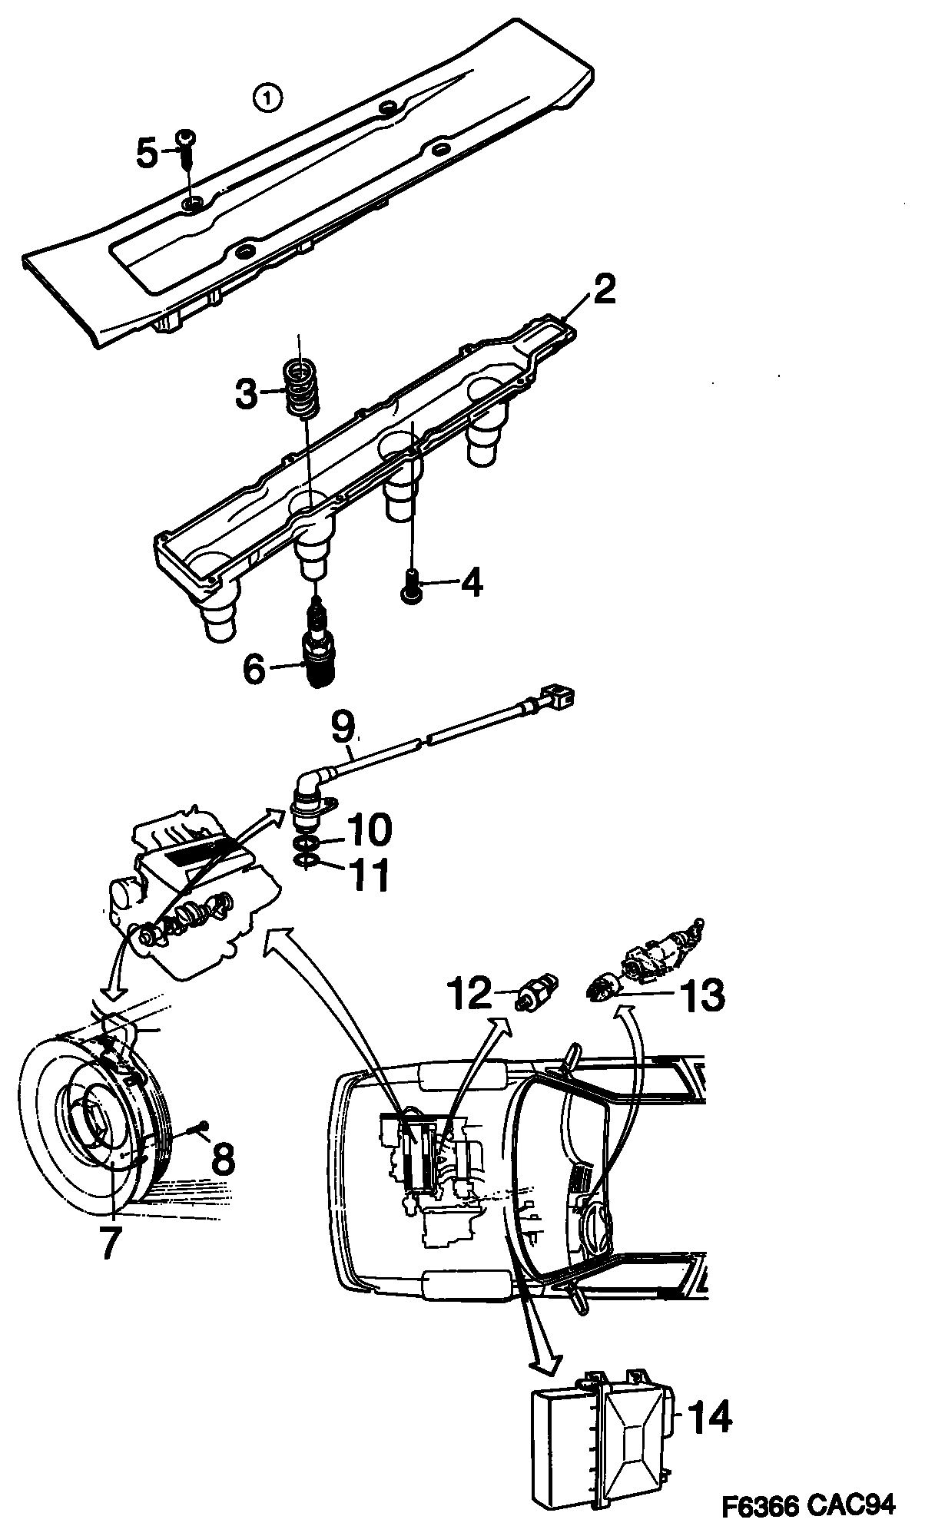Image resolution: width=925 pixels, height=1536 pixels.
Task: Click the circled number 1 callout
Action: point(267,98)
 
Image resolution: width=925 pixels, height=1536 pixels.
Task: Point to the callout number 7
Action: point(110,1241)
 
